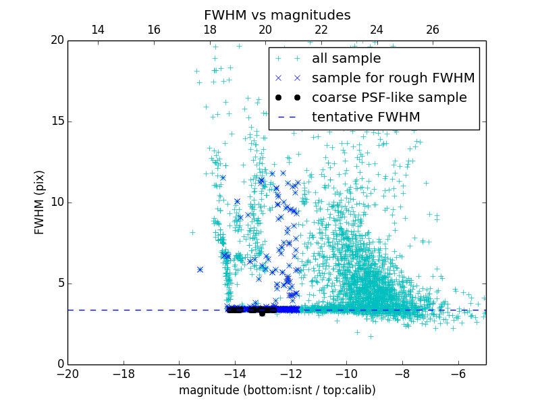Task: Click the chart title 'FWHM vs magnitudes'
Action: coord(277,15)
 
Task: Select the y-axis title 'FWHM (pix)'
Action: coord(40,202)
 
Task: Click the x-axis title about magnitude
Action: coord(277,390)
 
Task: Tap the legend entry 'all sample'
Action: coord(346,59)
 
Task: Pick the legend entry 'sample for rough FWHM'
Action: coord(393,78)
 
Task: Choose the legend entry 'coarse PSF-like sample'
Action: coord(389,98)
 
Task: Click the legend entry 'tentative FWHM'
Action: coord(366,117)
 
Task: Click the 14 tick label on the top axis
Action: coord(98,30)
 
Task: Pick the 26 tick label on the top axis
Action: coord(433,30)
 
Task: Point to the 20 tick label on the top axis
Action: coord(265,30)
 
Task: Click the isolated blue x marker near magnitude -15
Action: coord(200,269)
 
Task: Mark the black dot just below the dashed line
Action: coord(262,314)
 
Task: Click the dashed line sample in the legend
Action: coord(288,117)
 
